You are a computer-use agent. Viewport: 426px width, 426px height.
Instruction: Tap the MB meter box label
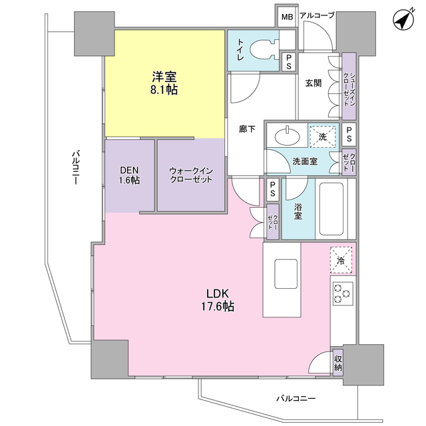(x=286, y=17)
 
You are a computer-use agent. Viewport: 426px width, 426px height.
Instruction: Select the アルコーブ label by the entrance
(x=317, y=15)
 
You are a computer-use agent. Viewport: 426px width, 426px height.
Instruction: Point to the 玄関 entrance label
(x=314, y=83)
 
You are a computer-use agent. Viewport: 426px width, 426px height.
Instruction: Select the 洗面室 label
(x=304, y=162)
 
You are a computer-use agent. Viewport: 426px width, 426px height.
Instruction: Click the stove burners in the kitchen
(x=343, y=293)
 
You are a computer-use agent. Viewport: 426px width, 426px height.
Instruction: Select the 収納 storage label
(x=339, y=363)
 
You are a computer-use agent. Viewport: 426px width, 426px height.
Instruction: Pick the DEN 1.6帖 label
(x=130, y=174)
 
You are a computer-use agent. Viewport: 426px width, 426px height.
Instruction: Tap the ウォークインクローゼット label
(x=191, y=175)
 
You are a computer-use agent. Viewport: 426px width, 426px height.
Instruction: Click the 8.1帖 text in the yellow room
(x=163, y=90)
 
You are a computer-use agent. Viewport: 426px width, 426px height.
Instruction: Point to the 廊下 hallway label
(x=246, y=129)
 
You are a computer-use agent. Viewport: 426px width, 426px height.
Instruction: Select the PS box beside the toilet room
(x=288, y=62)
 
